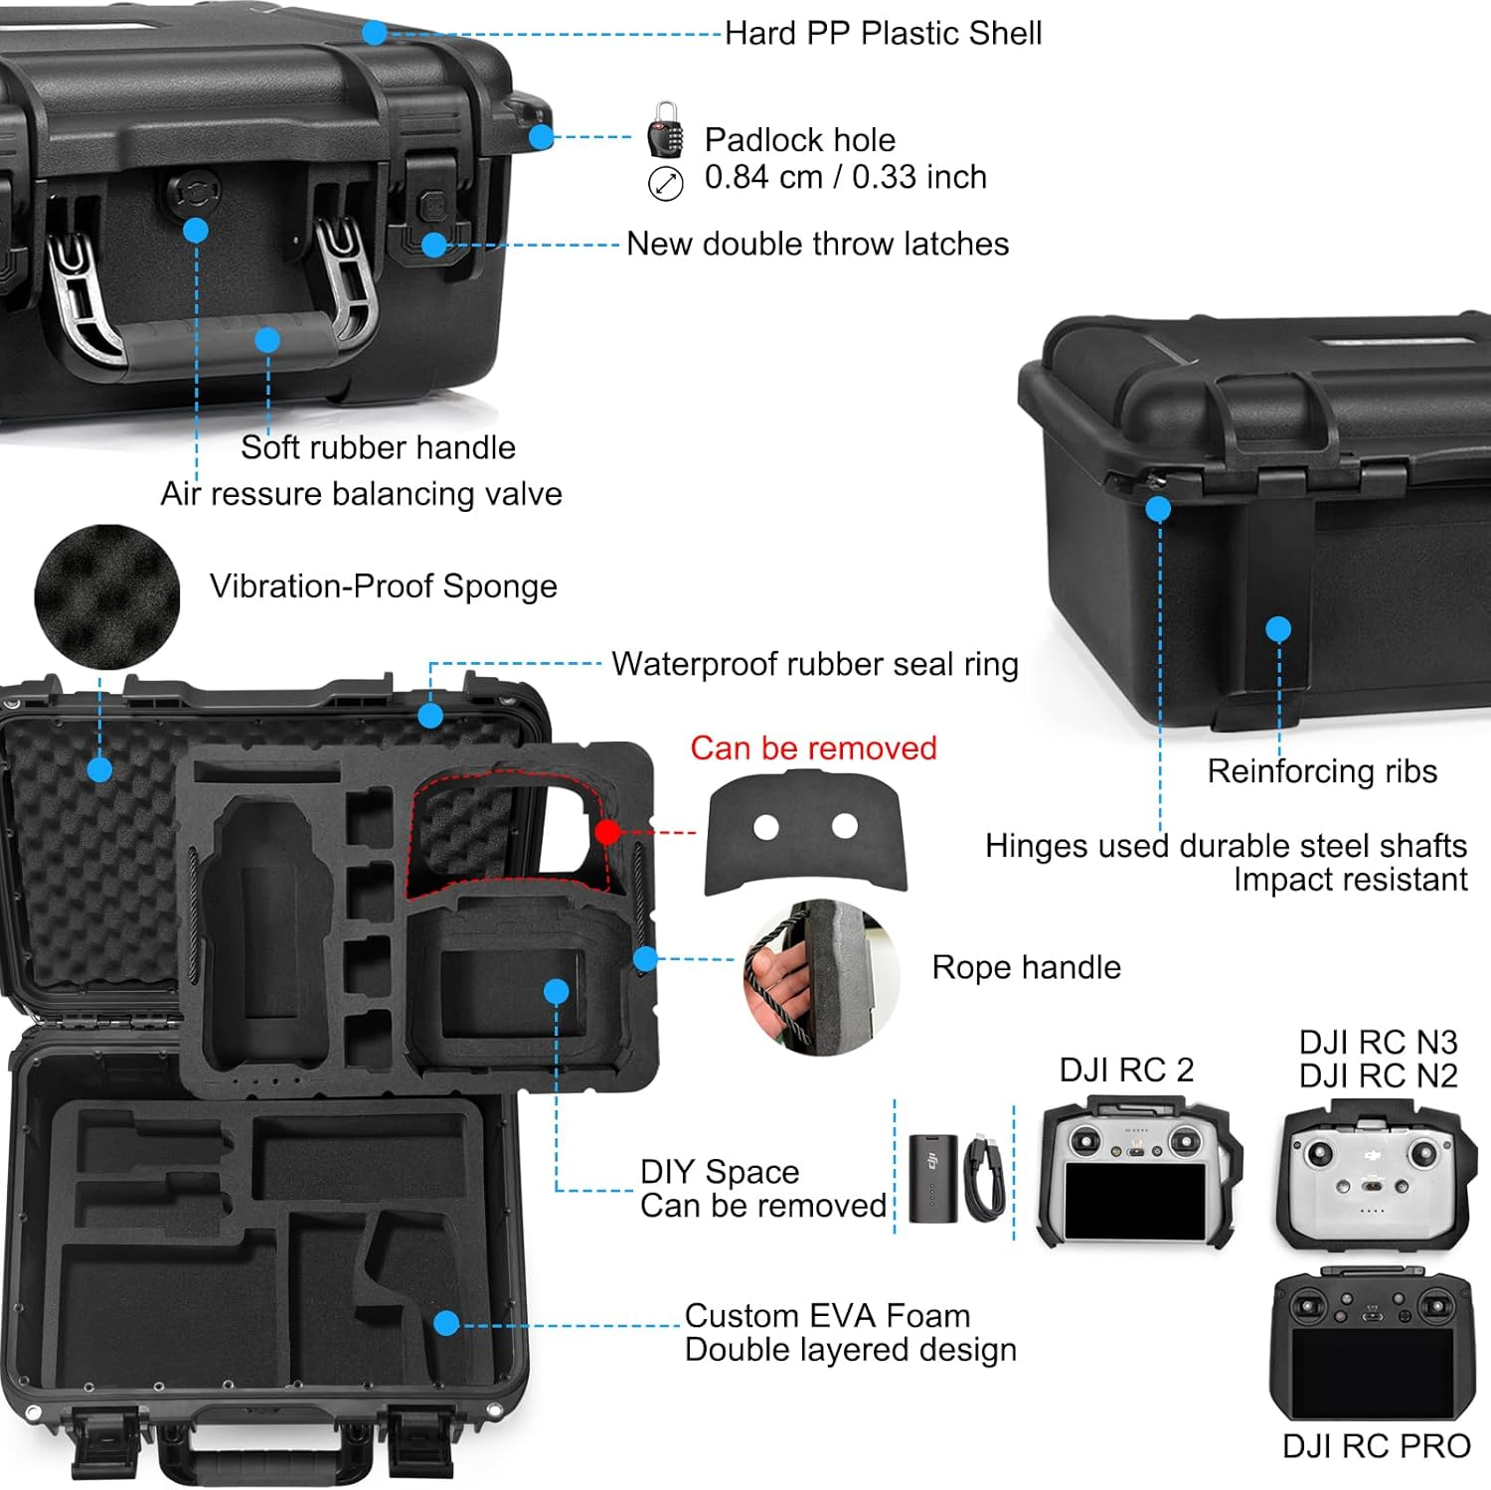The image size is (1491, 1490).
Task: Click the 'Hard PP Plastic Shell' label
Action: click(x=883, y=34)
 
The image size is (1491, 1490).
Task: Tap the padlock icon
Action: click(x=665, y=130)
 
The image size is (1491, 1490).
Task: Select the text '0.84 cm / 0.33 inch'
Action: click(x=845, y=177)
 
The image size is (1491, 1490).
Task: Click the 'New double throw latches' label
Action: click(x=817, y=244)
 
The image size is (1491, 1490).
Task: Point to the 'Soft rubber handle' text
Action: click(x=378, y=447)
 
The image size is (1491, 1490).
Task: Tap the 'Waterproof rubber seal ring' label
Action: click(x=814, y=664)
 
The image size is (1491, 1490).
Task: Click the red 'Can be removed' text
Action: click(x=813, y=747)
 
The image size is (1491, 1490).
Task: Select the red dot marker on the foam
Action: click(x=607, y=832)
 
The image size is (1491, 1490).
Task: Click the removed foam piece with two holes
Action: click(x=806, y=833)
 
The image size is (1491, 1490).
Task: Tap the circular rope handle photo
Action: click(x=822, y=977)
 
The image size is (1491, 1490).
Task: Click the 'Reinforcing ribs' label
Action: click(x=1321, y=771)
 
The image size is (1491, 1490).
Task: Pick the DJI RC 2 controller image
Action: click(x=1137, y=1173)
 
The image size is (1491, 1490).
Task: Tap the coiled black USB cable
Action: click(x=983, y=1178)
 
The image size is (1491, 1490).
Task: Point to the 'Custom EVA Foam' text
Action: click(x=827, y=1315)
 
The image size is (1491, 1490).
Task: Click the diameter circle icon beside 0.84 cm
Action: click(x=665, y=184)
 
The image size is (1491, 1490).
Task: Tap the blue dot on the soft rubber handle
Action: click(x=266, y=340)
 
